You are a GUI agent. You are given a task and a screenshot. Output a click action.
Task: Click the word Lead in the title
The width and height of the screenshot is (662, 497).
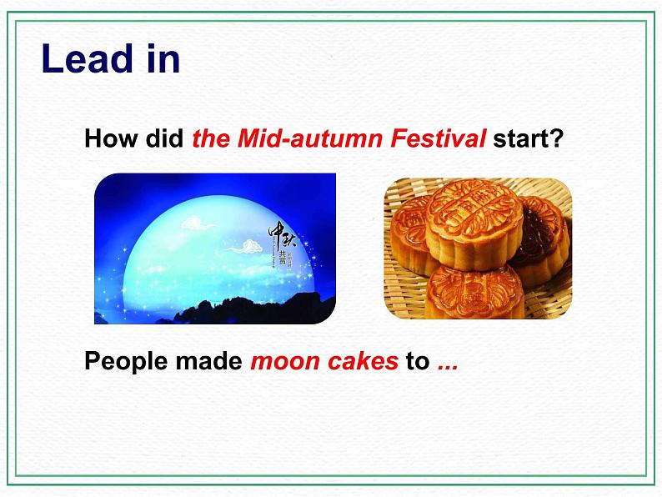coord(87,60)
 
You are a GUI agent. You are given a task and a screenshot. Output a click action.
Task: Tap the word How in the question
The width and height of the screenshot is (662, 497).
coord(104,139)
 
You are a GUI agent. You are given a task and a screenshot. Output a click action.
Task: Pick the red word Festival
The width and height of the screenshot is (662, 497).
coord(438,139)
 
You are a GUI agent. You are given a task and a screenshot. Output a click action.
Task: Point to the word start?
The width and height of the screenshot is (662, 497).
coord(528,139)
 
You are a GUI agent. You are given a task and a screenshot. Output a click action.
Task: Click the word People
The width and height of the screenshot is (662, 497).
coord(123,361)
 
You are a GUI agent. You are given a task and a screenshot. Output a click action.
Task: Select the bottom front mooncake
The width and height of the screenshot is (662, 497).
coord(474,292)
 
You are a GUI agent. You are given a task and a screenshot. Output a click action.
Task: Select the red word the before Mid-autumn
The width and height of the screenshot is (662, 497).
coord(211,139)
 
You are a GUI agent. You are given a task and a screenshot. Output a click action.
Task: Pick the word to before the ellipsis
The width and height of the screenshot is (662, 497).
coord(417,361)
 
